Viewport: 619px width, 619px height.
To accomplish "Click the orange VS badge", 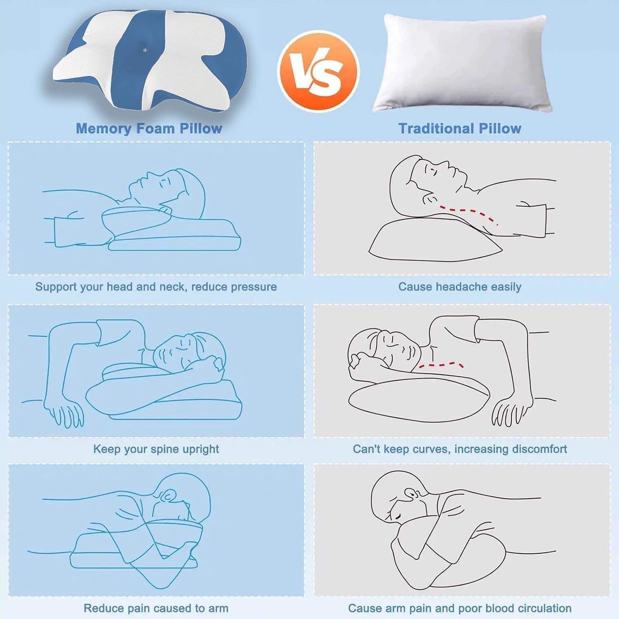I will pyautogui.click(x=318, y=71).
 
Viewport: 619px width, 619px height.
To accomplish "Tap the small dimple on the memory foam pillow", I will pyautogui.click(x=144, y=50).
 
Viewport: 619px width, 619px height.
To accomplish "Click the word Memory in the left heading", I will pyautogui.click(x=104, y=128).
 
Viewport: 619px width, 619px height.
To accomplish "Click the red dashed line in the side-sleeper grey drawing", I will pyautogui.click(x=441, y=365).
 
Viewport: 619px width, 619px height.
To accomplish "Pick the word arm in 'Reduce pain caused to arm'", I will pyautogui.click(x=218, y=608).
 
